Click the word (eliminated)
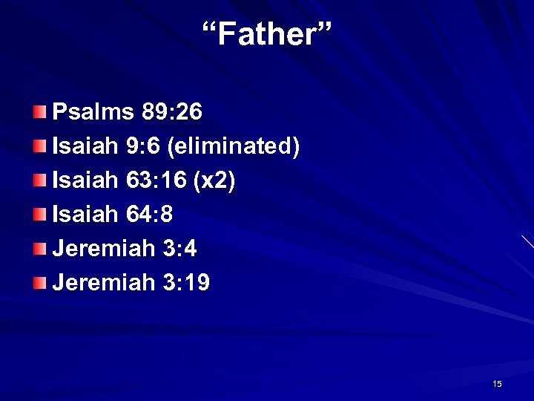tap(234, 147)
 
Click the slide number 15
tap(496, 384)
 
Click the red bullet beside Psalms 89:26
tap(39, 113)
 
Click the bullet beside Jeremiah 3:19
tap(39, 282)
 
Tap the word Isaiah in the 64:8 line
tap(82, 215)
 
